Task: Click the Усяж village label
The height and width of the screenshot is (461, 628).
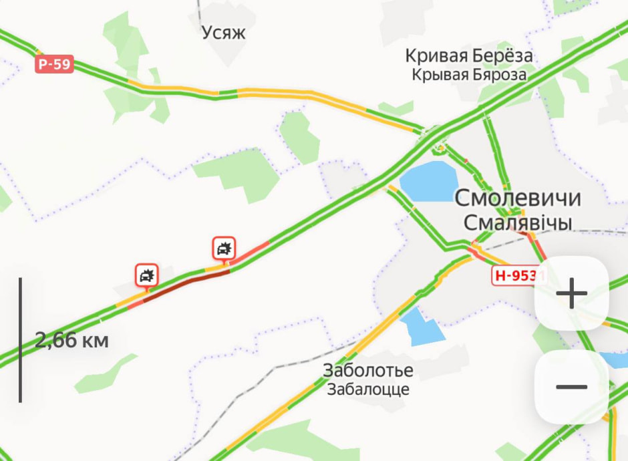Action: (x=224, y=33)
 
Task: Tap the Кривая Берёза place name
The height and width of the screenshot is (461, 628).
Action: (x=468, y=55)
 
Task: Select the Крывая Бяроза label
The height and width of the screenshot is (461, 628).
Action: (x=468, y=75)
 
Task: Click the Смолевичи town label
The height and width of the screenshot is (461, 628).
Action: (x=518, y=198)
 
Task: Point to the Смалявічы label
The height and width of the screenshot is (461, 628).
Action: (x=518, y=222)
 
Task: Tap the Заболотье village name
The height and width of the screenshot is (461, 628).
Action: (x=367, y=370)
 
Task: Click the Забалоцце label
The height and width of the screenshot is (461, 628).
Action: (x=367, y=389)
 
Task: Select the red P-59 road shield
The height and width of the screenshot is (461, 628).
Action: (x=54, y=65)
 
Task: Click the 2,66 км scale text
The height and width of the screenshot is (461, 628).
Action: (x=71, y=341)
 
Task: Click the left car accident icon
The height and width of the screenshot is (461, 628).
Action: (x=146, y=275)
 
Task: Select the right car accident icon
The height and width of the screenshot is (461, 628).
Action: (x=224, y=249)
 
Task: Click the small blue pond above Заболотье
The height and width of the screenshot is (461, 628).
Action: (x=420, y=327)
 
